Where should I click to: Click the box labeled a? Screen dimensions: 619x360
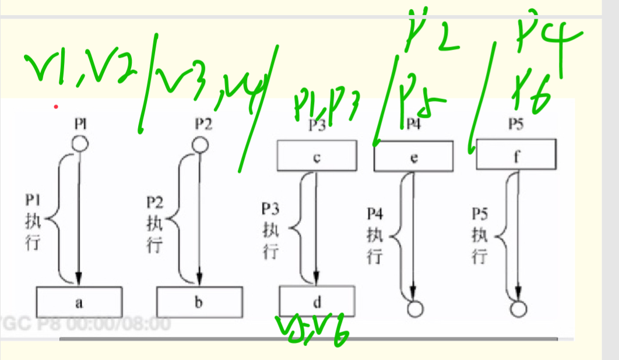tap(79, 302)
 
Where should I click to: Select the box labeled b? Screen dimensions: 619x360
tap(199, 302)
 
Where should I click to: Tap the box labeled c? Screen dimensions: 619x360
tap(316, 156)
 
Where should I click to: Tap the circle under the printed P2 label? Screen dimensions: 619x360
tap(199, 143)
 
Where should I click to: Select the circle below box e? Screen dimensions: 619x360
tap(414, 309)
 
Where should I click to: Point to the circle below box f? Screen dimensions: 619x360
tap(517, 309)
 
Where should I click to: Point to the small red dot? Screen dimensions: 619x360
tap(55, 107)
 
